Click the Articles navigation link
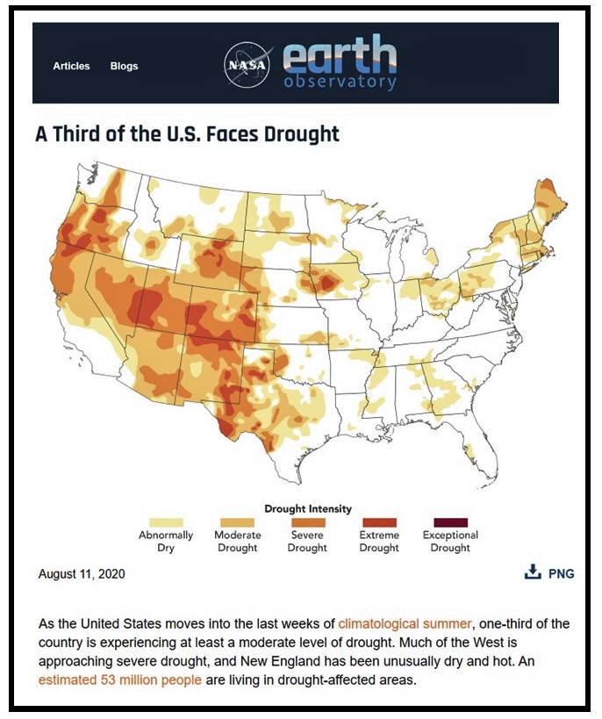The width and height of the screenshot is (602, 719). pyautogui.click(x=71, y=66)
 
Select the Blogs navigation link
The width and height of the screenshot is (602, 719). pyautogui.click(x=124, y=66)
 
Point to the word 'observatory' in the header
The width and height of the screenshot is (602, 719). pyautogui.click(x=340, y=83)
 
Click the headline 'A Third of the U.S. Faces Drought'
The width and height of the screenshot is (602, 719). pyautogui.click(x=187, y=134)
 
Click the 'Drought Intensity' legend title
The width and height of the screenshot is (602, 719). pyautogui.click(x=307, y=508)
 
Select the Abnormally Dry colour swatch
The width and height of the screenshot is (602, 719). pyautogui.click(x=167, y=523)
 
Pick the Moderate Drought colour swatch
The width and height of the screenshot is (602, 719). pyautogui.click(x=237, y=523)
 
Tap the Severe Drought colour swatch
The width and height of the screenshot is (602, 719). pyautogui.click(x=308, y=523)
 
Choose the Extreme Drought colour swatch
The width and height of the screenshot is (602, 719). pyautogui.click(x=378, y=523)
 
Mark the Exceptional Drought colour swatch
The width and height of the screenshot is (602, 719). pyautogui.click(x=450, y=523)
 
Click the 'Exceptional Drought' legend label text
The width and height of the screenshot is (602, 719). pyautogui.click(x=450, y=542)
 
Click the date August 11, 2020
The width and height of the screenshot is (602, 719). pyautogui.click(x=82, y=574)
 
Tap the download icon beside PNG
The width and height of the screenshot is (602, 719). pyautogui.click(x=532, y=572)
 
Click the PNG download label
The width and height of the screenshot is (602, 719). pyautogui.click(x=561, y=574)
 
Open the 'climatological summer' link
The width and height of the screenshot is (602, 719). pyautogui.click(x=405, y=623)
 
